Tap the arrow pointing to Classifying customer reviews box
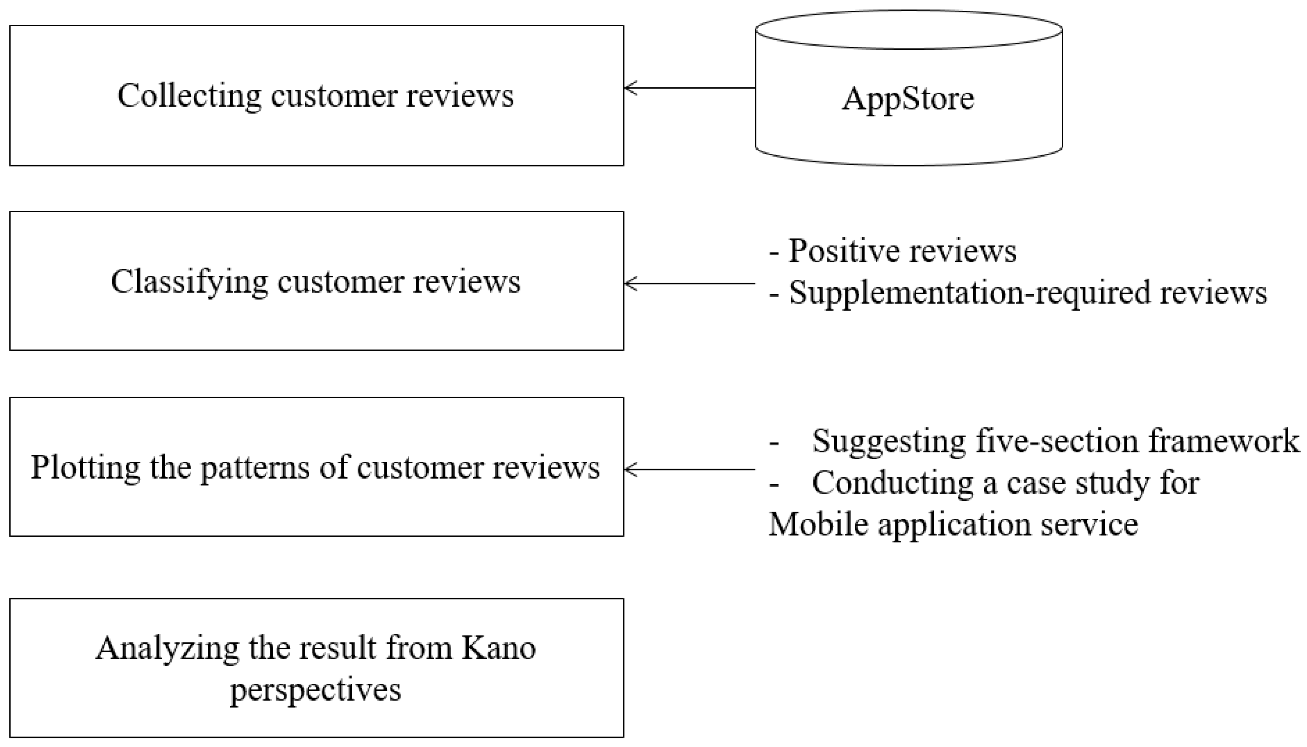point(690,283)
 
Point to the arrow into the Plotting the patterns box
point(690,469)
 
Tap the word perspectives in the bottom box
point(316,690)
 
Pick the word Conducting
point(893,484)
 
